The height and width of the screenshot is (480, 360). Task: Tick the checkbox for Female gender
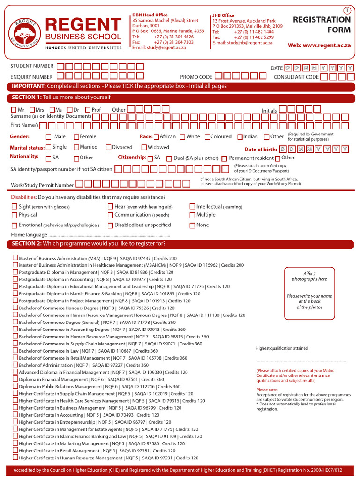pos(76,137)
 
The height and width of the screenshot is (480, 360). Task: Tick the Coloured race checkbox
pos(207,137)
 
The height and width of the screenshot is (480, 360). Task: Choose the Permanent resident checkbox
pos(225,158)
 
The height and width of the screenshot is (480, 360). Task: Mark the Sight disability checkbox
pos(15,206)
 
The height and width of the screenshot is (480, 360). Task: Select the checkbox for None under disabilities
pos(192,225)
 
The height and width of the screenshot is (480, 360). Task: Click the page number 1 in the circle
pos(347,10)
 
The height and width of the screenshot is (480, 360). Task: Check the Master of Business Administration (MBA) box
pos(15,258)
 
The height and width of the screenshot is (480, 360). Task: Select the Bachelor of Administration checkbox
pos(15,365)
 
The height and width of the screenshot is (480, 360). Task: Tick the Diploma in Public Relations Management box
pos(15,386)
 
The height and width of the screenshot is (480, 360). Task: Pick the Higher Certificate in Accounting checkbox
pos(15,415)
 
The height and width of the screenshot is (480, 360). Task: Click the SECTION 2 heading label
pos(27,244)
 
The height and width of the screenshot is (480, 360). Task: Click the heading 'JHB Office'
pos(223,15)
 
